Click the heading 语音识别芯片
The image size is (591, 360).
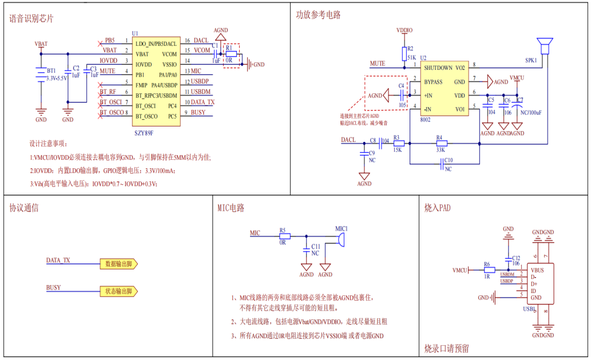pyautogui.click(x=31, y=18)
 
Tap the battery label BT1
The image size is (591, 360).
pyautogui.click(x=51, y=70)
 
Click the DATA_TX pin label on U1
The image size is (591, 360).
pyautogui.click(x=203, y=102)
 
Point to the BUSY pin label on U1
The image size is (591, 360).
pyautogui.click(x=198, y=112)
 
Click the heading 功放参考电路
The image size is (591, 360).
pyautogui.click(x=318, y=15)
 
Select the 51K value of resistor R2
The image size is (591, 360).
pyautogui.click(x=412, y=58)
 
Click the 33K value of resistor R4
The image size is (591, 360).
pyautogui.click(x=439, y=150)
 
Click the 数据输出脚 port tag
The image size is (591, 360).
pyautogui.click(x=118, y=264)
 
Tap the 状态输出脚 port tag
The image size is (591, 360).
pyautogui.click(x=118, y=291)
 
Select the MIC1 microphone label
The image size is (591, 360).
pyautogui.click(x=342, y=228)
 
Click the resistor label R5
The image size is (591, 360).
pyautogui.click(x=283, y=230)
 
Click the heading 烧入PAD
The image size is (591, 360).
pyautogui.click(x=437, y=207)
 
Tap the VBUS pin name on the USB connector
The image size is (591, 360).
pyautogui.click(x=537, y=270)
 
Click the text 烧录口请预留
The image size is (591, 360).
pyautogui.click(x=447, y=348)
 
